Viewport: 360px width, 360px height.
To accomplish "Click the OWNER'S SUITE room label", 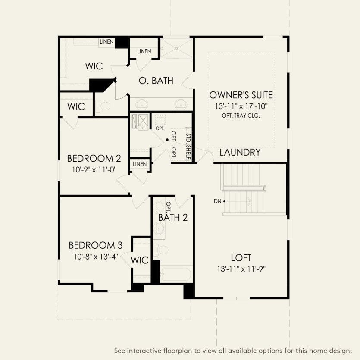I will click(241, 95).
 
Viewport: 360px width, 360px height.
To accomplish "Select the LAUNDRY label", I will click(240, 152).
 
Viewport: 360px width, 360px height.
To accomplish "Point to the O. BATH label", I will click(156, 80).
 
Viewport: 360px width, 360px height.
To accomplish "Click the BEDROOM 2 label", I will click(94, 158).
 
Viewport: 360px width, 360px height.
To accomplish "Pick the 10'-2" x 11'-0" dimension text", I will click(94, 169).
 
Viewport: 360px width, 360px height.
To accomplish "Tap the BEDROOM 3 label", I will click(96, 245).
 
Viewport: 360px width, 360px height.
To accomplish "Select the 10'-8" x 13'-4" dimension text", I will click(96, 257).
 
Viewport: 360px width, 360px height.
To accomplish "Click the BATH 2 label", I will click(173, 217).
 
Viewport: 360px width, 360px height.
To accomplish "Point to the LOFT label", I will click(241, 258).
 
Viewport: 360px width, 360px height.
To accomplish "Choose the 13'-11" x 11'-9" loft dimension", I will click(241, 269).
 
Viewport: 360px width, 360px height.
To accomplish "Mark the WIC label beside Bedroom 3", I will click(140, 260).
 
